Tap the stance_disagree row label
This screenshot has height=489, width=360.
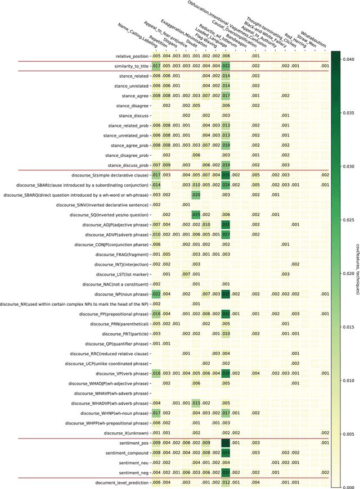pyautogui.click(x=132, y=106)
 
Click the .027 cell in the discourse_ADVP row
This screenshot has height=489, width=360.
pyautogui.click(x=227, y=234)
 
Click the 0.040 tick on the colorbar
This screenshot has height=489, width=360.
pyautogui.click(x=343, y=60)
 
